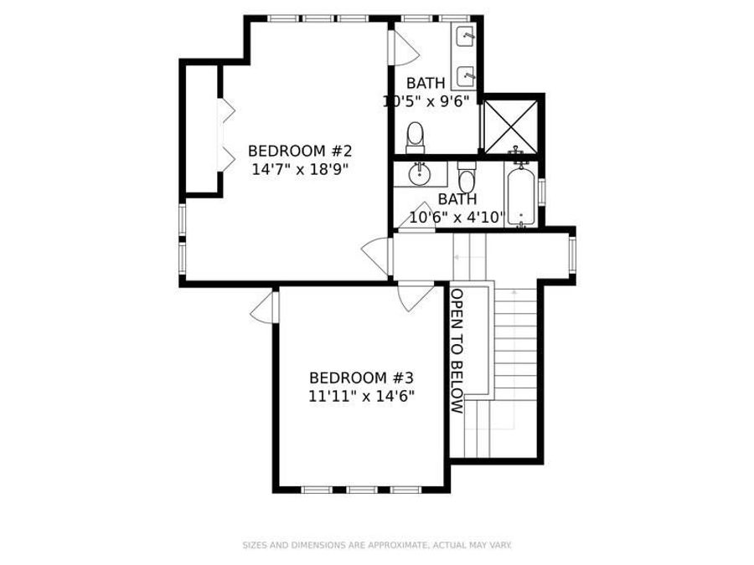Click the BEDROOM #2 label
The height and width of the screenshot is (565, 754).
coord(299,152)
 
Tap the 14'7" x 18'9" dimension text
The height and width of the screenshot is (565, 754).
coord(299,168)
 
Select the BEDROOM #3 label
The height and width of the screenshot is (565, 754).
coord(361,378)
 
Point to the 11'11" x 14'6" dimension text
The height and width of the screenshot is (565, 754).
coord(361,395)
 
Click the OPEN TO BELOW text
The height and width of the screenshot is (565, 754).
coord(457,352)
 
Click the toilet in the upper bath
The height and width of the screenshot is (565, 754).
coord(416,137)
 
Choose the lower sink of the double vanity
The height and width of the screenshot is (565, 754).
coord(466,77)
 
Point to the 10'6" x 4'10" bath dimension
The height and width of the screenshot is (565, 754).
coord(457,218)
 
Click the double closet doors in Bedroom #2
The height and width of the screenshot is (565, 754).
coord(225,134)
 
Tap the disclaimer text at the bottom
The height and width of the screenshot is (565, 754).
coord(377,546)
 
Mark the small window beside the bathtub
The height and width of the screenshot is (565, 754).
coord(541,191)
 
